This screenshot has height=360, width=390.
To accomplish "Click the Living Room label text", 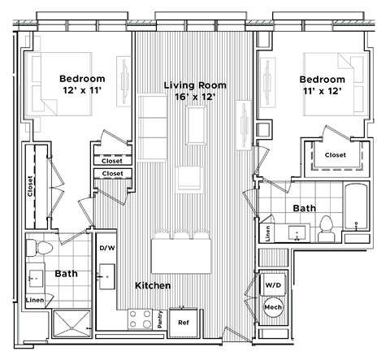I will [194, 85].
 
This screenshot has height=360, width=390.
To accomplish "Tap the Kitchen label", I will [152, 286].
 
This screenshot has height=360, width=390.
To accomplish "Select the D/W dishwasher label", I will [106, 247].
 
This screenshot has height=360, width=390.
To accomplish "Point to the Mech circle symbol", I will [273, 310].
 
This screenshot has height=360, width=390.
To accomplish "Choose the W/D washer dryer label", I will [273, 285].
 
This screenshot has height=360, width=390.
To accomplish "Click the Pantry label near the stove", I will [160, 321].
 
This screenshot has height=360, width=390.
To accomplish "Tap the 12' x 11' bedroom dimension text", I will [80, 92].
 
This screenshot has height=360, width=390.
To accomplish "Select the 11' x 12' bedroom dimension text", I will [321, 92].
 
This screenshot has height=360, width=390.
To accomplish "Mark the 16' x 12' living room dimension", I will [194, 98].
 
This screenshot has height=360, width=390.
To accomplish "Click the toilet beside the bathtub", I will [326, 228].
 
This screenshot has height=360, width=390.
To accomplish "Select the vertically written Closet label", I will [31, 186].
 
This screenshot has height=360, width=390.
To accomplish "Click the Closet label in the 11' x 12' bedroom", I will [335, 154].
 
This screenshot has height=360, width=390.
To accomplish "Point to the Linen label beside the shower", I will [36, 301].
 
